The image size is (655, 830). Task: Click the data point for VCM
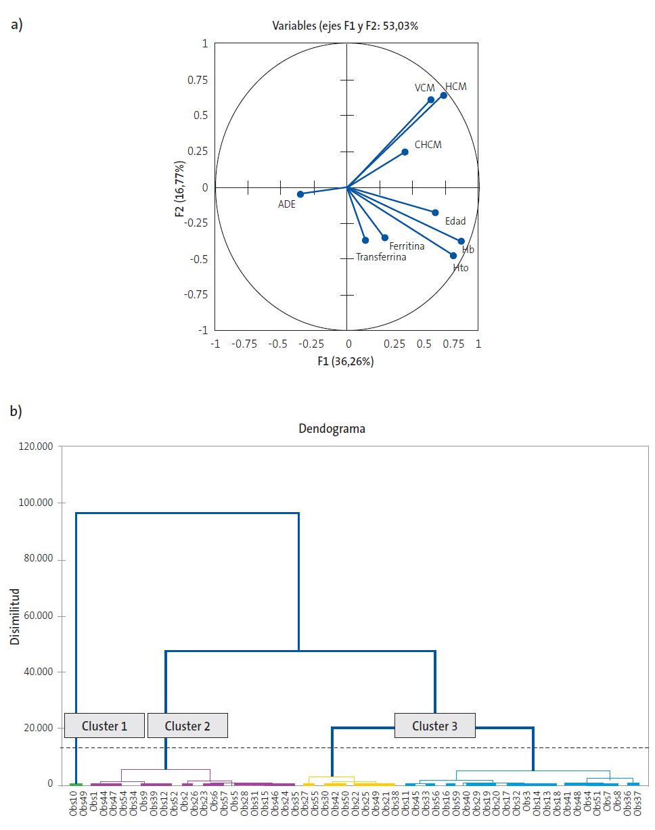431,100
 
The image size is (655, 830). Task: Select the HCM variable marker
444,95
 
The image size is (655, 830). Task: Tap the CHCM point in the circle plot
405,152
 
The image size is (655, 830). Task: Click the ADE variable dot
300,194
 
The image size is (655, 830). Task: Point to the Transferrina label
381,258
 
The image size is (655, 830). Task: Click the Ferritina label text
407,246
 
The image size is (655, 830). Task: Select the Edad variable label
455,221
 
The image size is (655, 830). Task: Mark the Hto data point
453,256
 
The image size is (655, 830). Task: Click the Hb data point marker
461,241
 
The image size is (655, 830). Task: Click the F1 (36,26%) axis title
346,361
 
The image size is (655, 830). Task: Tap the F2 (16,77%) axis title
180,188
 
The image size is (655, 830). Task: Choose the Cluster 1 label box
104,726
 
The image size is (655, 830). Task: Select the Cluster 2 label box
187,726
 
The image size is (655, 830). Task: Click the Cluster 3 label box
435,726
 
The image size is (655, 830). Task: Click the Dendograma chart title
332,429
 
